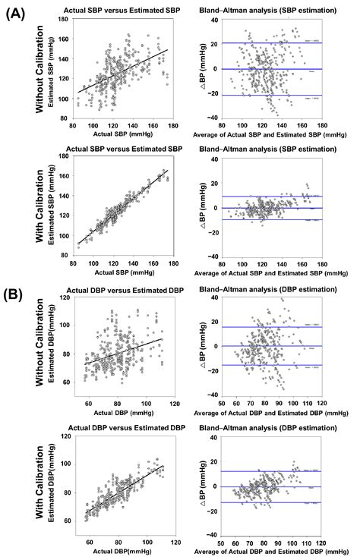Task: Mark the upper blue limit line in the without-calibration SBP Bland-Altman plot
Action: click(x=266, y=42)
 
